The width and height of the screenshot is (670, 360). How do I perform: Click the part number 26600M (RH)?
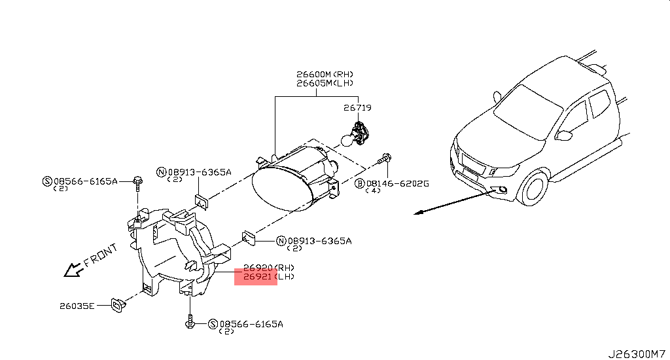pyautogui.click(x=325, y=75)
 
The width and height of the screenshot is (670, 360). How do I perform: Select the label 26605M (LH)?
pyautogui.click(x=325, y=83)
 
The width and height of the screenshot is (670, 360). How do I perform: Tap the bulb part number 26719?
pyautogui.click(x=357, y=108)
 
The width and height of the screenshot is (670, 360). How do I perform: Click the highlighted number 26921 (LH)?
pyautogui.click(x=269, y=277)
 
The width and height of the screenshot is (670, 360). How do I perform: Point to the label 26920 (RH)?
pyautogui.click(x=269, y=268)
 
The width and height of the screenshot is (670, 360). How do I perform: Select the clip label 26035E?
pyautogui.click(x=77, y=306)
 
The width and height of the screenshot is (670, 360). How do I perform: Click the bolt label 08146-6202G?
pyautogui.click(x=397, y=184)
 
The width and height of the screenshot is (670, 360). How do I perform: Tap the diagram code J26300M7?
pyautogui.click(x=637, y=354)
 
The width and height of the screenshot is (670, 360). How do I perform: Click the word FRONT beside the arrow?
pyautogui.click(x=100, y=255)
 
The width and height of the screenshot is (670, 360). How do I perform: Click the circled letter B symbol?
pyautogui.click(x=360, y=184)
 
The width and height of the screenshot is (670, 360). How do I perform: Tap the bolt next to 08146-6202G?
pyautogui.click(x=385, y=158)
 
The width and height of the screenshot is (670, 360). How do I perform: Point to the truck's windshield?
pyautogui.click(x=528, y=112)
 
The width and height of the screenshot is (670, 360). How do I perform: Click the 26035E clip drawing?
pyautogui.click(x=118, y=305)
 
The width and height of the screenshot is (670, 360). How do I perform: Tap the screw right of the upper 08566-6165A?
pyautogui.click(x=137, y=181)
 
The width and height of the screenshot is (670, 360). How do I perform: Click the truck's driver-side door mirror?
pyautogui.click(x=564, y=135)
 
